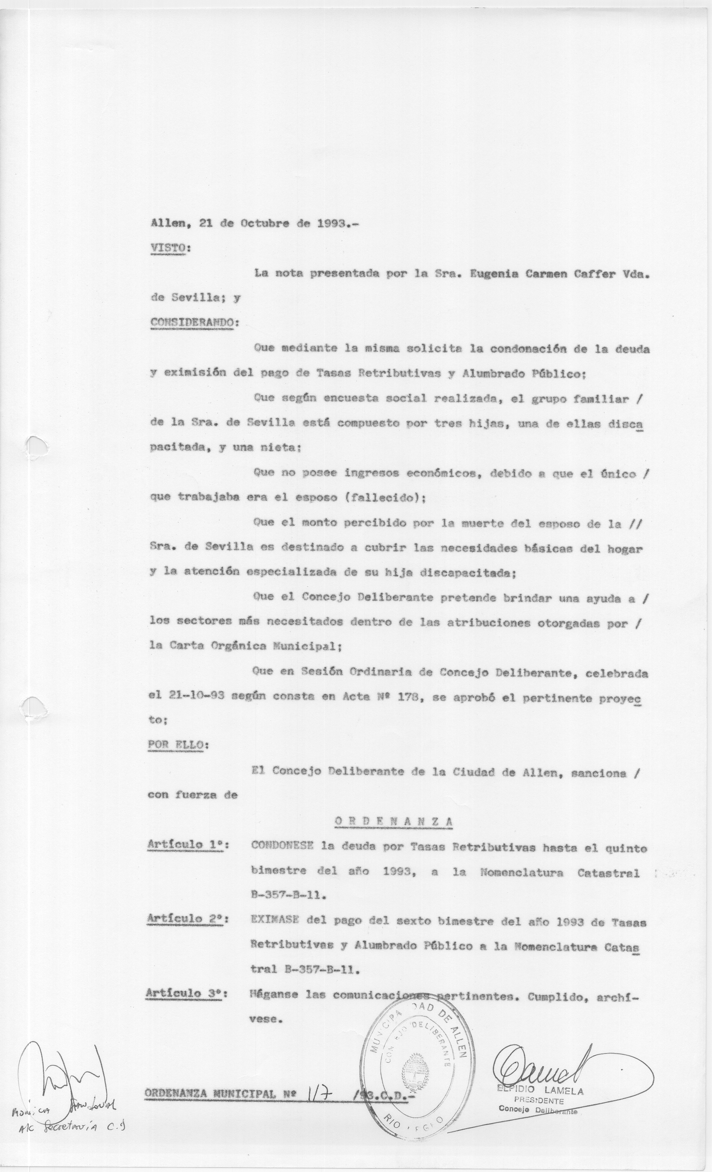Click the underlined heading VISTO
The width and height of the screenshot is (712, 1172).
tap(167, 248)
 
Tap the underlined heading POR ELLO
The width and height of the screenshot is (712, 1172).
tap(175, 744)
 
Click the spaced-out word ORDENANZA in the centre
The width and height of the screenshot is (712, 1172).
tap(394, 821)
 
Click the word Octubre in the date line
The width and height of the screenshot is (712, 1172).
tap(264, 224)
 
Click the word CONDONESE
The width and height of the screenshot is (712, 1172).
tap(282, 846)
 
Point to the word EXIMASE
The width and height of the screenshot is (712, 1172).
tap(274, 920)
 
